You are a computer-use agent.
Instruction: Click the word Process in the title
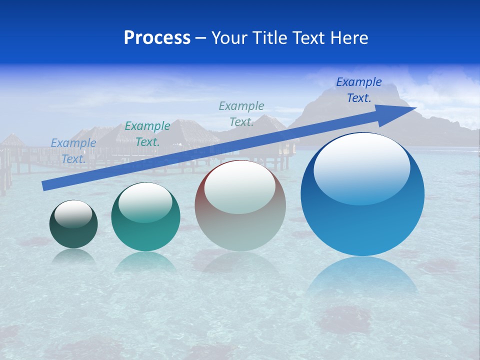point(157,38)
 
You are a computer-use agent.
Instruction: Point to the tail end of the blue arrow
point(45,185)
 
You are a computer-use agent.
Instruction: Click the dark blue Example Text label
point(359,90)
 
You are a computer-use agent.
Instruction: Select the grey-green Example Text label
point(241,114)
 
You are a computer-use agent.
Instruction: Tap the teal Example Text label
point(147,134)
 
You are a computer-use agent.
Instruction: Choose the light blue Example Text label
point(73,151)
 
